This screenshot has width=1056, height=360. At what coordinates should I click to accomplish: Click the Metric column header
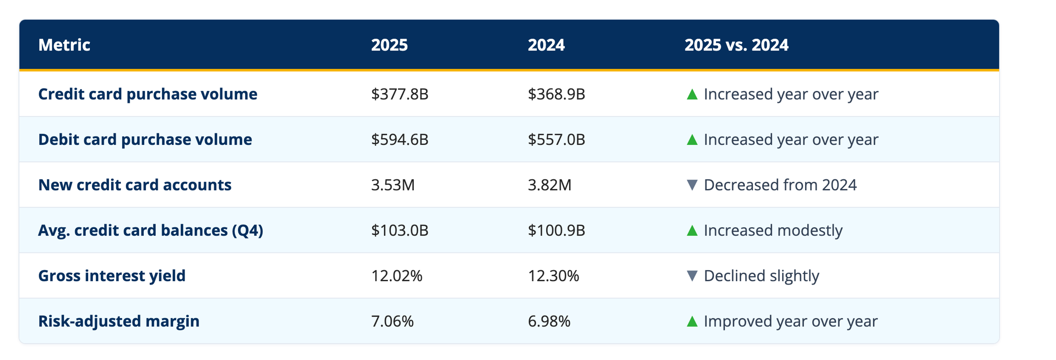click(64, 45)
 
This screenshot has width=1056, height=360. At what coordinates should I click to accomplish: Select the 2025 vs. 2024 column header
click(736, 45)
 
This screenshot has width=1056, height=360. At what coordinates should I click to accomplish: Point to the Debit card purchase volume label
click(145, 140)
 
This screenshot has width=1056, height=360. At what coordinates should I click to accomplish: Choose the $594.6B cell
click(400, 140)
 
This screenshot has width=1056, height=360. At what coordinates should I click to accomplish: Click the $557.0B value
click(556, 140)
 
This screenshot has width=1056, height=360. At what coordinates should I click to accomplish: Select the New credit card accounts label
click(135, 185)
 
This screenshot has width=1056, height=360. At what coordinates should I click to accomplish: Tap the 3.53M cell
click(393, 185)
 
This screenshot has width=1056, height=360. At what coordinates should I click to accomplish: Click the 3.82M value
click(549, 185)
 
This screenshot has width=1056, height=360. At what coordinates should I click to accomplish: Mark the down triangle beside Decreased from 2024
click(692, 185)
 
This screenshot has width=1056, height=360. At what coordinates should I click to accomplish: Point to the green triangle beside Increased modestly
click(692, 230)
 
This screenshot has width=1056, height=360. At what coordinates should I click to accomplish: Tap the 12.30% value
click(553, 276)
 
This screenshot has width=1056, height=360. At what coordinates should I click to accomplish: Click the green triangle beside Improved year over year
click(692, 321)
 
